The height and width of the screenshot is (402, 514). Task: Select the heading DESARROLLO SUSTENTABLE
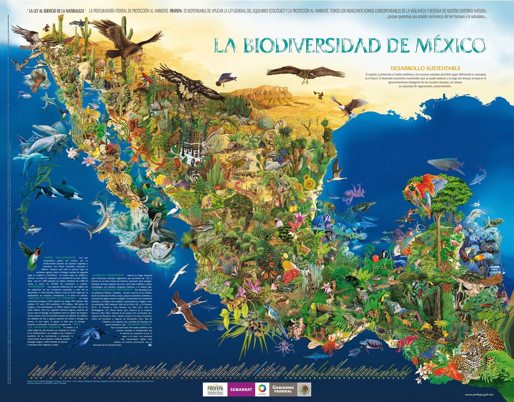425,68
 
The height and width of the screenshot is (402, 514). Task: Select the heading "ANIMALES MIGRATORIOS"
108,275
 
